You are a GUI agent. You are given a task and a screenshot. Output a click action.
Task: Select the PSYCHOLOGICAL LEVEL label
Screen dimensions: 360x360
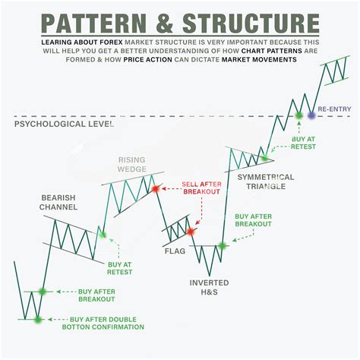64,122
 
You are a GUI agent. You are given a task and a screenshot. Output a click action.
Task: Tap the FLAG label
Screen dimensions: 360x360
174,250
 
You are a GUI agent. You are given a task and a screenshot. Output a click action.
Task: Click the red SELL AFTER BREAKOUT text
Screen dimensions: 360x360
202,188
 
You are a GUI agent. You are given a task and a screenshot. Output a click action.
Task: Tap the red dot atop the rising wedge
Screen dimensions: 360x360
154,187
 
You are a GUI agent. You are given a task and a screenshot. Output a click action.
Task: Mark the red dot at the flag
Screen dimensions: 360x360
190,231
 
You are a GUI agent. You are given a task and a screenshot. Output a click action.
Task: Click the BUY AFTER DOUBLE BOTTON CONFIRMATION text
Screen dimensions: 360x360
106,323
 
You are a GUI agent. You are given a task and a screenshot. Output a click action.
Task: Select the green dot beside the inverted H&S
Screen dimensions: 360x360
223,245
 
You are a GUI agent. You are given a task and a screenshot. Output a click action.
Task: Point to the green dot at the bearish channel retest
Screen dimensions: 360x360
103,235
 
